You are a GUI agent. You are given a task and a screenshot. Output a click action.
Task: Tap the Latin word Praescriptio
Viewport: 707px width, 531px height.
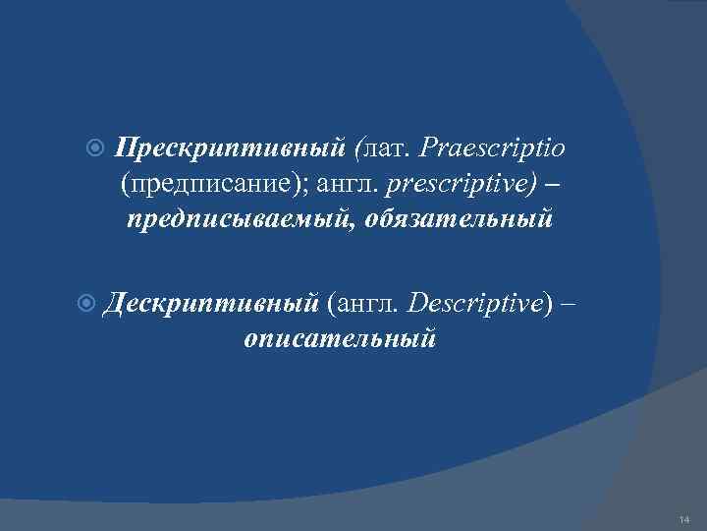click(492, 147)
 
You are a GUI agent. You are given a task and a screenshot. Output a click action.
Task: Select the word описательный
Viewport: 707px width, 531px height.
click(339, 339)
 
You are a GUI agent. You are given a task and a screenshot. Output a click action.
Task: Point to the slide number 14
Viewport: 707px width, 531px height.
click(683, 518)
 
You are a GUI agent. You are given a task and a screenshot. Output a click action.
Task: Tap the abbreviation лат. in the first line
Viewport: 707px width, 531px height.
click(389, 147)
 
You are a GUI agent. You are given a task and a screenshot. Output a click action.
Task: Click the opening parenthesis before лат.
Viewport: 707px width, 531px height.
click(360, 147)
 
